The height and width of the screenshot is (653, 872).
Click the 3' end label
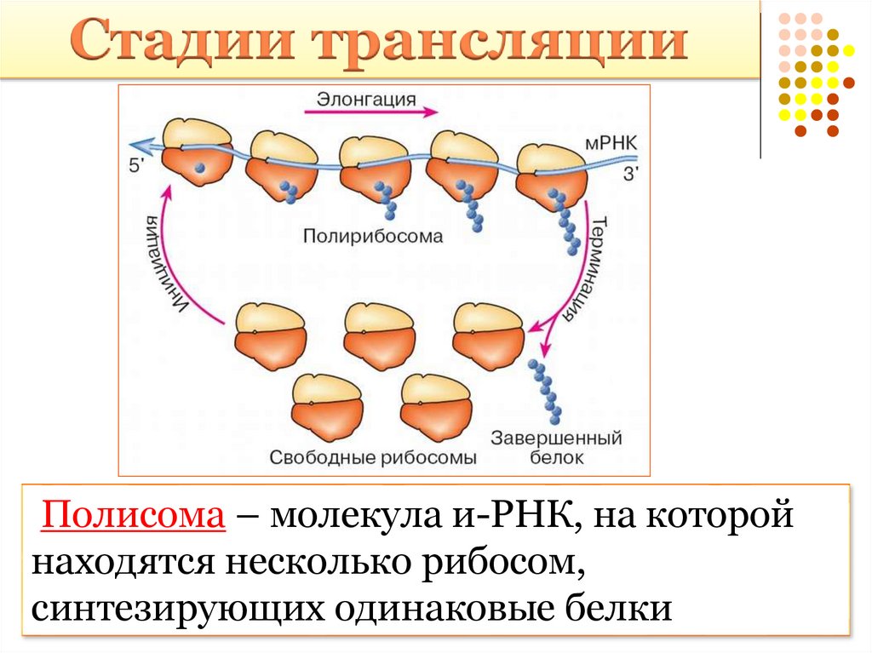pyautogui.click(x=631, y=174)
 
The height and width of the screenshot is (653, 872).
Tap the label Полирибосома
pyautogui.click(x=372, y=238)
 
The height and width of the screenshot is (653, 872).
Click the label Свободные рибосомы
pyautogui.click(x=372, y=457)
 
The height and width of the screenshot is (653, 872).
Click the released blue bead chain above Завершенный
pyautogui.click(x=545, y=392)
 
